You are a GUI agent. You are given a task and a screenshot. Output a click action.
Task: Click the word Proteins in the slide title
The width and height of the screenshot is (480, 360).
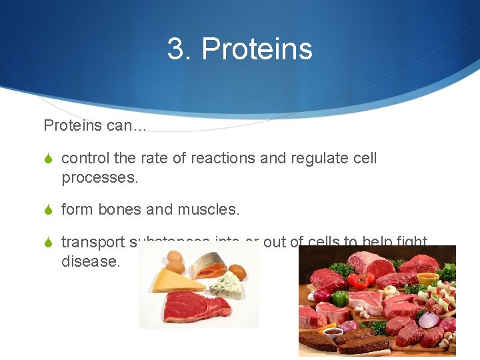click(x=257, y=49)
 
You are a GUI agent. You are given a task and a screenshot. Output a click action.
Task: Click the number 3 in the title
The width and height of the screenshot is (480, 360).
click(x=176, y=49)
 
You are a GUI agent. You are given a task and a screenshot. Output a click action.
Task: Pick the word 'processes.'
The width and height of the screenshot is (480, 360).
click(x=99, y=177)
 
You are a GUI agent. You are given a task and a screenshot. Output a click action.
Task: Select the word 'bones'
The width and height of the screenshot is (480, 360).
click(x=120, y=209)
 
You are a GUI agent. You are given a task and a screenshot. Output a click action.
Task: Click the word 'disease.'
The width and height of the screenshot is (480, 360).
click(x=91, y=261)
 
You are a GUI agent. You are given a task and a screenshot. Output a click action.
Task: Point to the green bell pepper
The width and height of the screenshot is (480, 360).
click(x=341, y=298)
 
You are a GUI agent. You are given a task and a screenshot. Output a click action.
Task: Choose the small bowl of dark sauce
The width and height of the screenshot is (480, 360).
click(x=333, y=333)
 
